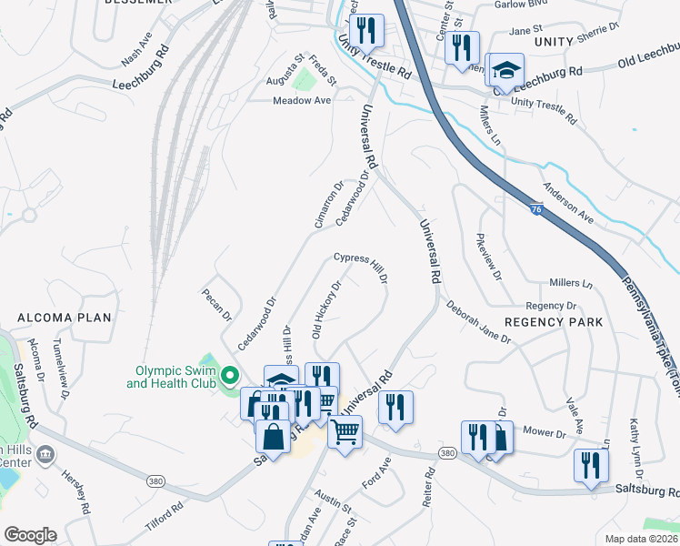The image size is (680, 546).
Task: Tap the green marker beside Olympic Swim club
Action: coord(231,375)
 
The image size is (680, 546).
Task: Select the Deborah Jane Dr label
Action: coord(478,323)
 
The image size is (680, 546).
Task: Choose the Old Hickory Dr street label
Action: coord(326,309)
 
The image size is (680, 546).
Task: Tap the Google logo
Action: coord(30,535)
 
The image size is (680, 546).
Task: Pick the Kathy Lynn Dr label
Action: coord(636,448)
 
